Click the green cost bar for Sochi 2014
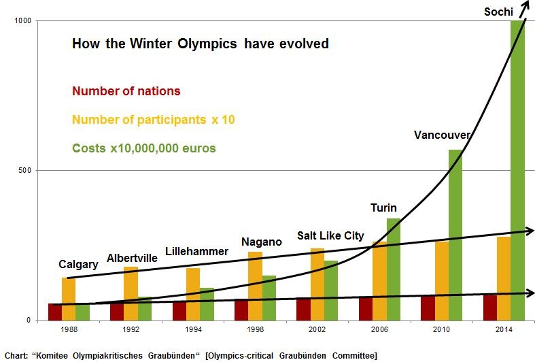pyautogui.click(x=517, y=170)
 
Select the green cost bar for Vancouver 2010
pyautogui.click(x=455, y=235)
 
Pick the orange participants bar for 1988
pyautogui.click(x=69, y=299)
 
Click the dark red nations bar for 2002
pyautogui.click(x=303, y=309)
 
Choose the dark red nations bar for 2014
pyautogui.click(x=489, y=308)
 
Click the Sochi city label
pyautogui.click(x=498, y=12)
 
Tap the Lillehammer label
pyautogui.click(x=197, y=251)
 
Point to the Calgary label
pyautogui.click(x=78, y=264)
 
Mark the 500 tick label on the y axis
pyautogui.click(x=26, y=170)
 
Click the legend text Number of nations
pyautogui.click(x=126, y=91)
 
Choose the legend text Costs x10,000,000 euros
pyautogui.click(x=143, y=148)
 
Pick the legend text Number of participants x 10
pyautogui.click(x=154, y=120)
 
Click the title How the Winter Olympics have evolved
pyautogui.click(x=201, y=44)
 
